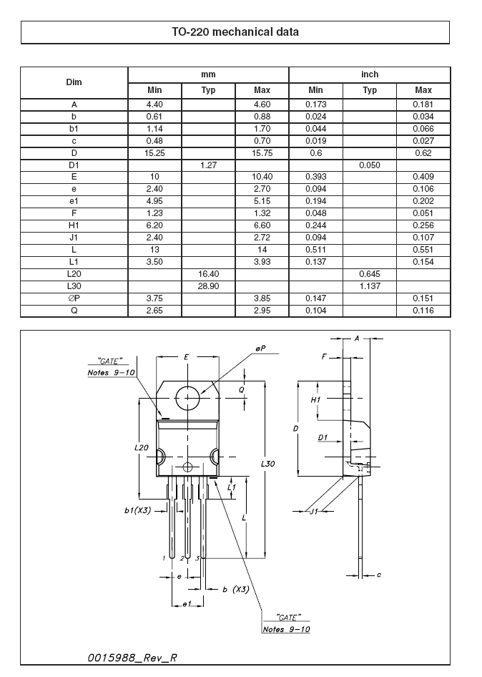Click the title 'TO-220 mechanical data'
[235, 32]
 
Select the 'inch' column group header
[370, 74]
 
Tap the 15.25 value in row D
[154, 153]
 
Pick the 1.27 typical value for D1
[208, 165]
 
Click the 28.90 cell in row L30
[208, 286]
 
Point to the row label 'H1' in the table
[74, 225]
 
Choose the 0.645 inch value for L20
[370, 274]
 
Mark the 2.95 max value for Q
[262, 310]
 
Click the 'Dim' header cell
[74, 82]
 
